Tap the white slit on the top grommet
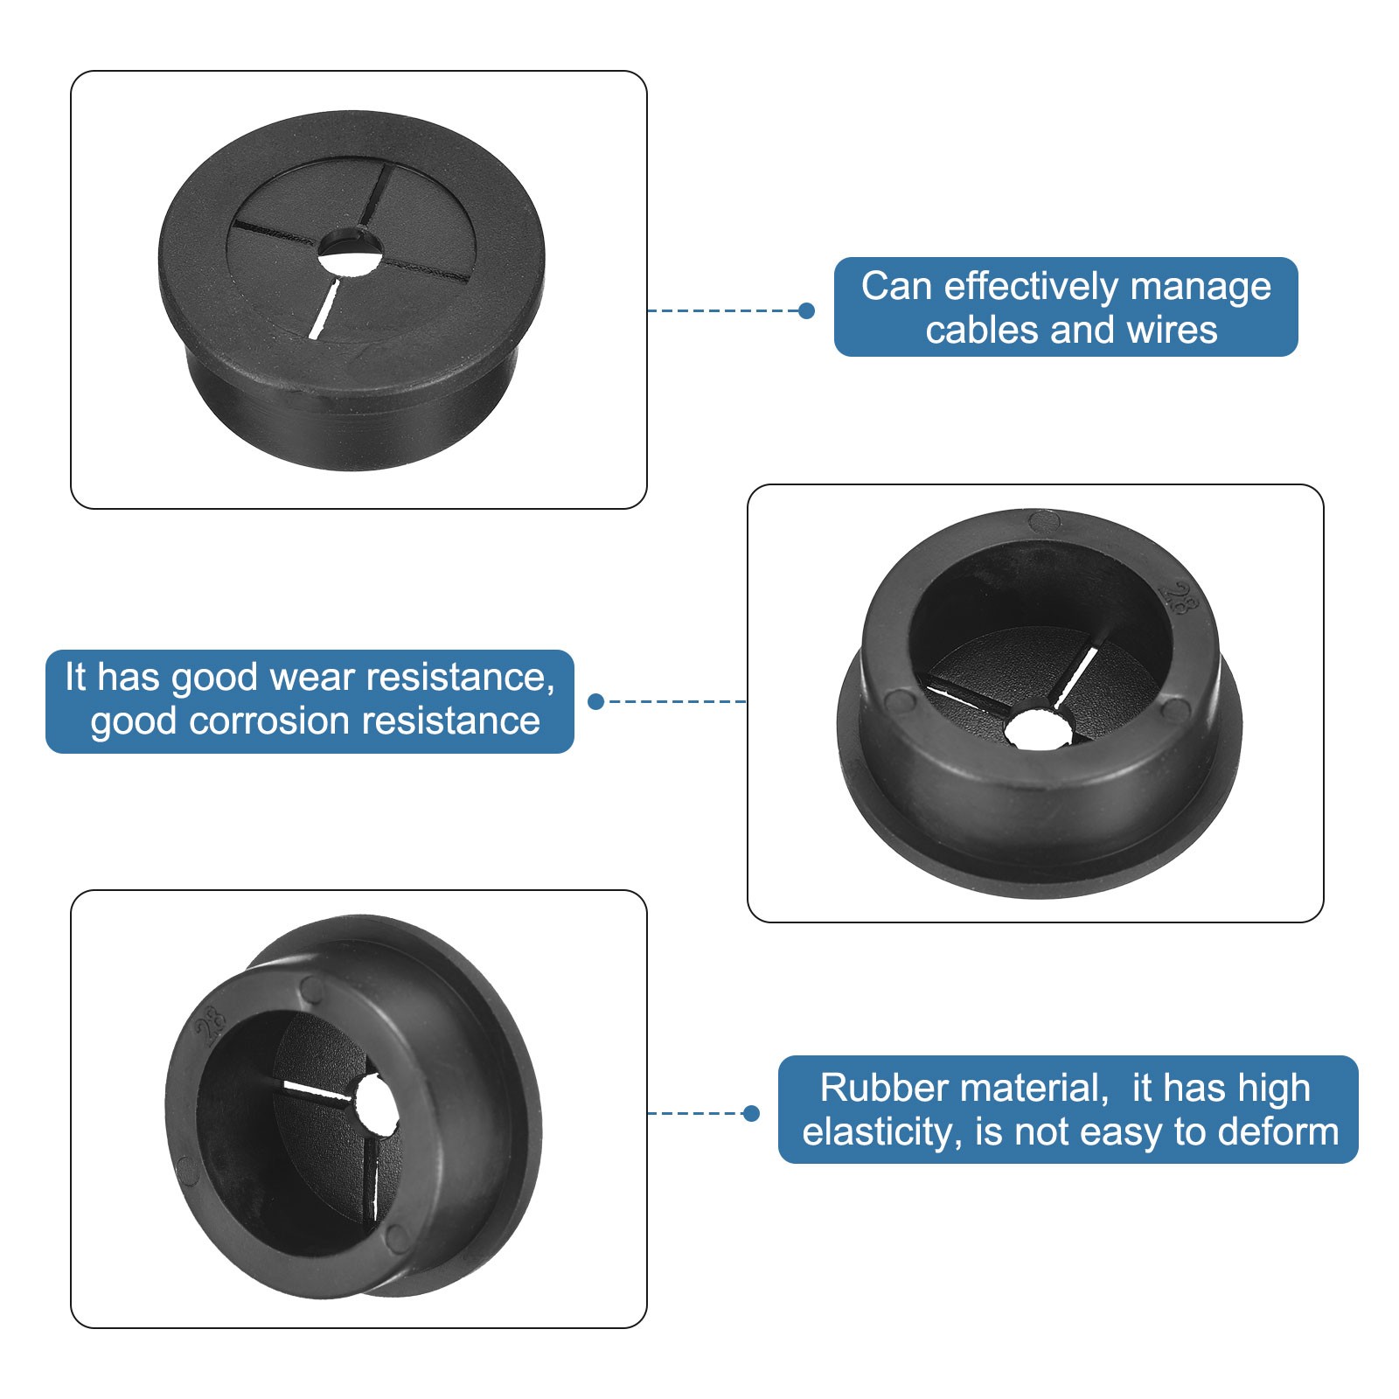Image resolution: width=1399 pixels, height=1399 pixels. [324, 310]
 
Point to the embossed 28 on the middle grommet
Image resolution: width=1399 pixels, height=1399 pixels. [1180, 599]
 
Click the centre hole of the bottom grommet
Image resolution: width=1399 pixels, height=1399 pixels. [375, 1105]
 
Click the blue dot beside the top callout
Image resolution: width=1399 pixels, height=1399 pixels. [806, 310]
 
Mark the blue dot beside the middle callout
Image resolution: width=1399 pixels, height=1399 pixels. [596, 701]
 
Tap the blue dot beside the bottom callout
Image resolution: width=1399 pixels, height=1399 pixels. [750, 1113]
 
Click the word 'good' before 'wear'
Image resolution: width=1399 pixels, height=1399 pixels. [214, 678]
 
